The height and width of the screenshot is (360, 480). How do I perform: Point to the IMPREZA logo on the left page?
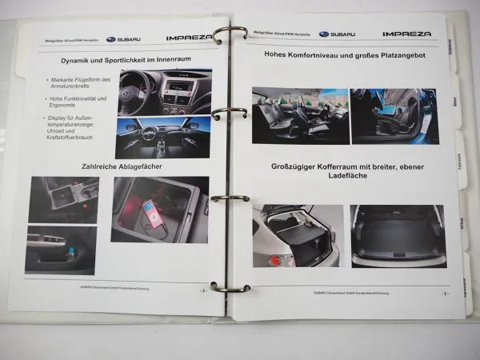click(x=190, y=37)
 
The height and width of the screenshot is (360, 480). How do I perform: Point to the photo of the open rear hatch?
click(x=295, y=236)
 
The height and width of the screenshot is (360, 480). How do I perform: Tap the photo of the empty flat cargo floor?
click(x=397, y=236)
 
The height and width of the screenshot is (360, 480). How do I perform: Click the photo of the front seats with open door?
click(x=300, y=115)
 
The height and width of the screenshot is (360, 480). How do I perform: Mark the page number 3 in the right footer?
click(x=445, y=294)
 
